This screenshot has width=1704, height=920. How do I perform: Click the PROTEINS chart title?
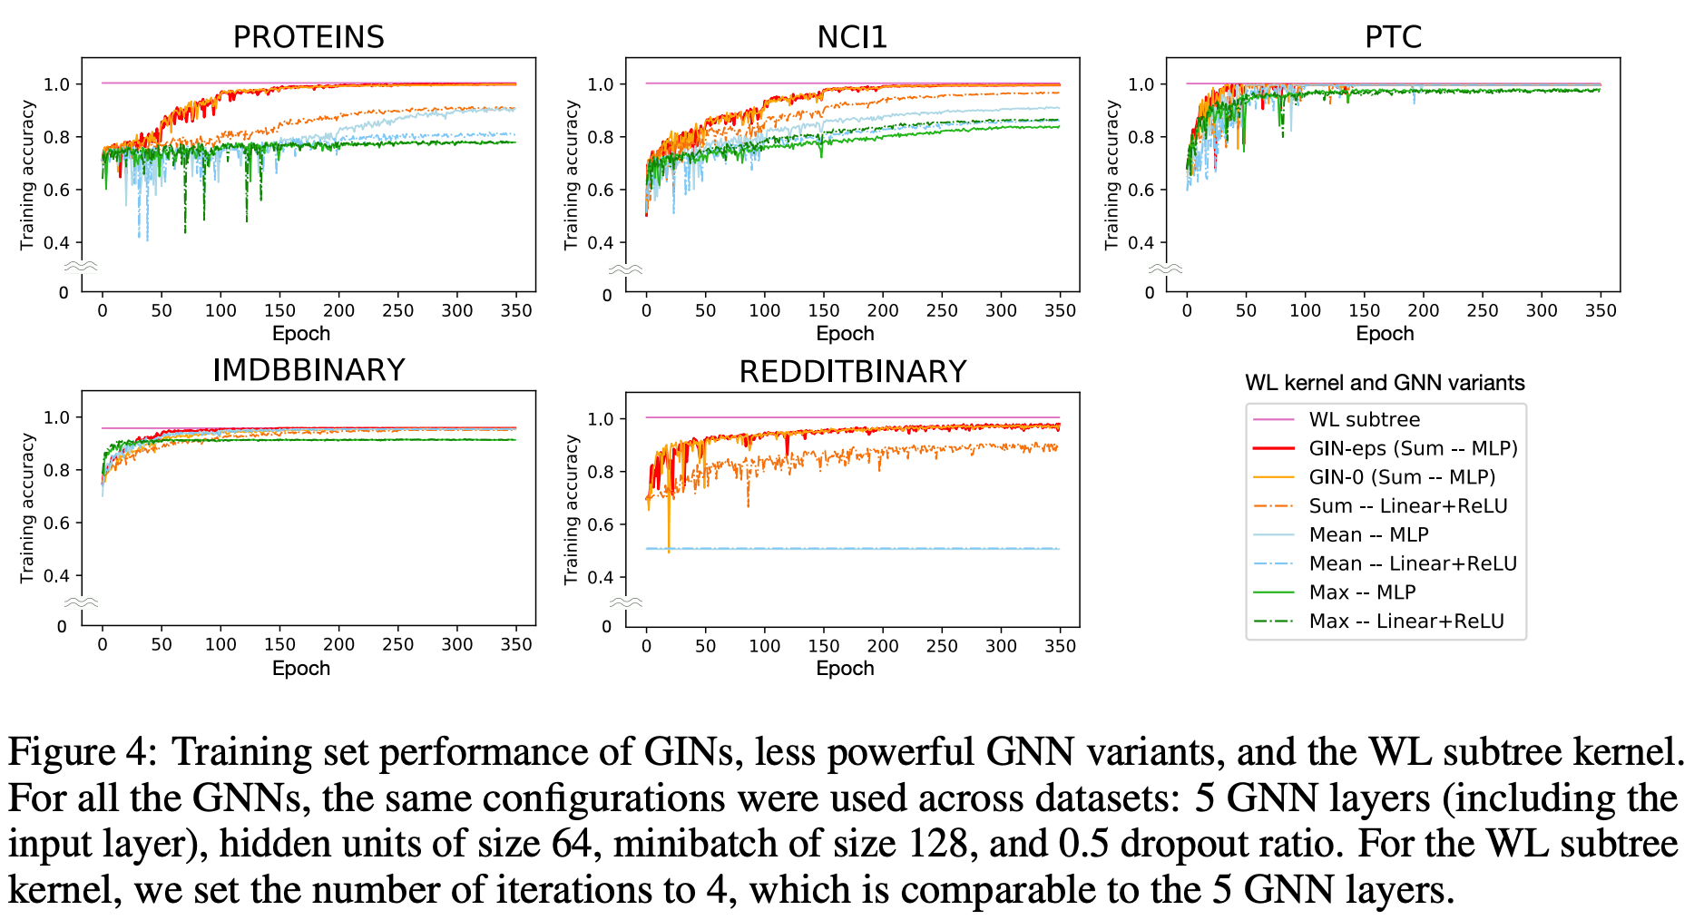coord(308,37)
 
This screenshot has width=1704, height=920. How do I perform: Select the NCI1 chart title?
coord(851,37)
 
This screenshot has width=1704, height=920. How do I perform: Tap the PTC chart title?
coord(1393,37)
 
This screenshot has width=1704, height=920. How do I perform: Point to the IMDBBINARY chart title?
coord(308,370)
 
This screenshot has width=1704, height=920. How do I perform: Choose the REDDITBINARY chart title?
coord(852,372)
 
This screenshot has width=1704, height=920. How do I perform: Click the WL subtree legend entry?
coord(1364,419)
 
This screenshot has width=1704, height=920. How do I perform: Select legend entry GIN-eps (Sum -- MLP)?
coord(1413,448)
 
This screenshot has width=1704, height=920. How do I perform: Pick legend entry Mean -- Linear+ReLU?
coord(1413,563)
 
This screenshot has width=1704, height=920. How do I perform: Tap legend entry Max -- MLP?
coord(1362,592)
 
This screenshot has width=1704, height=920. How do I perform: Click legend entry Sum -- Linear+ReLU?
coord(1407,506)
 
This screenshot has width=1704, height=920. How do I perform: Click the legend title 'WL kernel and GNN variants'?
coord(1385,383)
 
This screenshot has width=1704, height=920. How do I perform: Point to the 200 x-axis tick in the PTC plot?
coord(1423,310)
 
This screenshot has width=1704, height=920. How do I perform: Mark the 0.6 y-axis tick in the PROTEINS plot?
coord(56,191)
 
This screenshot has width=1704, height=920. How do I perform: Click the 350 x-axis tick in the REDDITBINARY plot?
coord(1060,646)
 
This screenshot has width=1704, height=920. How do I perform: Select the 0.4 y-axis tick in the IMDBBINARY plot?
coord(56,576)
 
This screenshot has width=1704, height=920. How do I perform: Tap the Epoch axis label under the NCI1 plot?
coord(845,334)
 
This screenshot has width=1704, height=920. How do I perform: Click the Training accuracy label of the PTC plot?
coord(1112,175)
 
